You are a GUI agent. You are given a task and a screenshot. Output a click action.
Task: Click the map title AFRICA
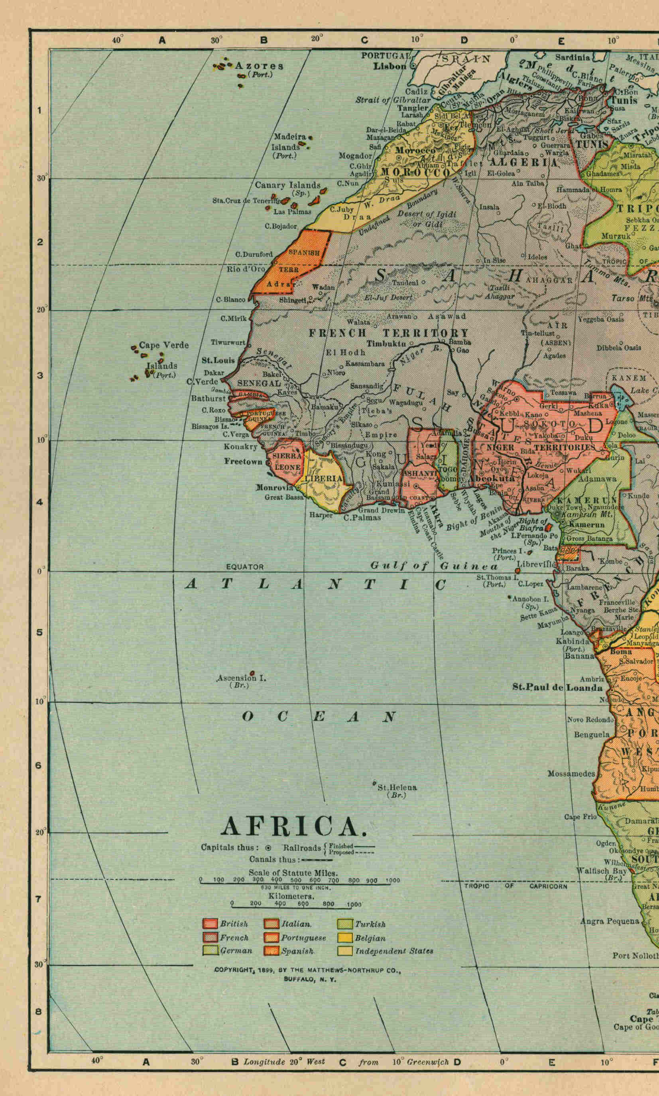(293, 826)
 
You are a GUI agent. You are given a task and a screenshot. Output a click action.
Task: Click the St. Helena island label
(397, 787)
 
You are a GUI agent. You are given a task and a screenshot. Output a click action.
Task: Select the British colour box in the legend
(210, 924)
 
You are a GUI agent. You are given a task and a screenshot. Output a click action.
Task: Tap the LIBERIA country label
(324, 478)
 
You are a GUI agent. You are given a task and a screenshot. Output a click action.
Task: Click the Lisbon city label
(389, 66)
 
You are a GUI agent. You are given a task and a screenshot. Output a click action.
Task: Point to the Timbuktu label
(386, 343)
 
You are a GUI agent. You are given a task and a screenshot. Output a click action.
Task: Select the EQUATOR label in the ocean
(245, 567)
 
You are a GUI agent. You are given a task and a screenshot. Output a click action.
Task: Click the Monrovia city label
(275, 487)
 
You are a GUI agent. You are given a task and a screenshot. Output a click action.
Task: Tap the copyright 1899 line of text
(307, 970)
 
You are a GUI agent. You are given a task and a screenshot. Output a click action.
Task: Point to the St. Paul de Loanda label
(557, 687)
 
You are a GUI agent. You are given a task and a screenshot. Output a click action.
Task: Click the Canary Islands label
(287, 185)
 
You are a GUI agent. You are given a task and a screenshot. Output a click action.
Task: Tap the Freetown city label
(243, 461)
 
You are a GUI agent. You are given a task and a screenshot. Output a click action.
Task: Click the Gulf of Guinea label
(434, 566)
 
